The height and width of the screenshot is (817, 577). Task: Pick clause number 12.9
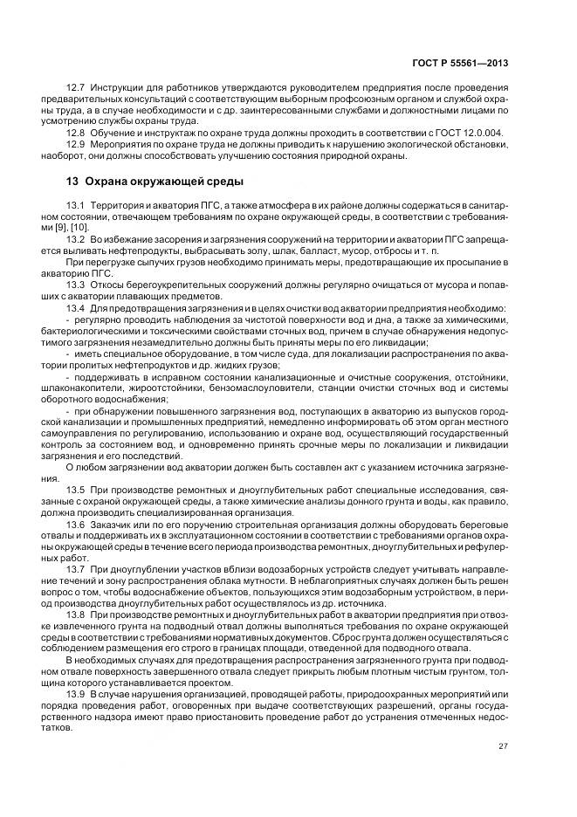click(76, 145)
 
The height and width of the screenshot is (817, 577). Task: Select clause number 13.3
click(76, 284)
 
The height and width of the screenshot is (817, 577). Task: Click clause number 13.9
click(76, 691)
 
